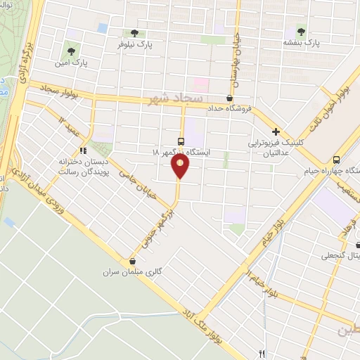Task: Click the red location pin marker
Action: [180, 167]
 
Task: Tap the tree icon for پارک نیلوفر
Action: [134, 33]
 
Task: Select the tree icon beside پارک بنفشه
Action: [301, 32]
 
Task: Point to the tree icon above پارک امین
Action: [70, 51]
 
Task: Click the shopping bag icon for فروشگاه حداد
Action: [230, 98]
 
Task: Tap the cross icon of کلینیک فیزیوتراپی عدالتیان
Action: [276, 131]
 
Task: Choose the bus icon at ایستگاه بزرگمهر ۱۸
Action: [181, 141]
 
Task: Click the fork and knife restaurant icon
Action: [262, 353]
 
